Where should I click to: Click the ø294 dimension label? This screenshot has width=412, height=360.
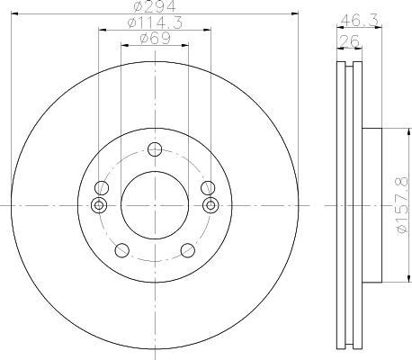click(x=155, y=6)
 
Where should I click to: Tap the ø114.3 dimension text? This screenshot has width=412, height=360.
click(x=155, y=22)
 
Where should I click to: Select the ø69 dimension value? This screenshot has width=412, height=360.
click(x=155, y=39)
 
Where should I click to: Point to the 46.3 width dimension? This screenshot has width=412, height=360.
click(x=359, y=20)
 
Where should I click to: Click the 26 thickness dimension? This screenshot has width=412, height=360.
click(x=349, y=40)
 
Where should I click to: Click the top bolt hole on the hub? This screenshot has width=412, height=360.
click(x=155, y=149)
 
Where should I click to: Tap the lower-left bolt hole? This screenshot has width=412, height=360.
click(x=122, y=250)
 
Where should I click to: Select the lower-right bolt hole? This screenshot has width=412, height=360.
click(x=188, y=250)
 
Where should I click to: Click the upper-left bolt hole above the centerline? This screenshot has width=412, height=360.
click(x=102, y=188)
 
